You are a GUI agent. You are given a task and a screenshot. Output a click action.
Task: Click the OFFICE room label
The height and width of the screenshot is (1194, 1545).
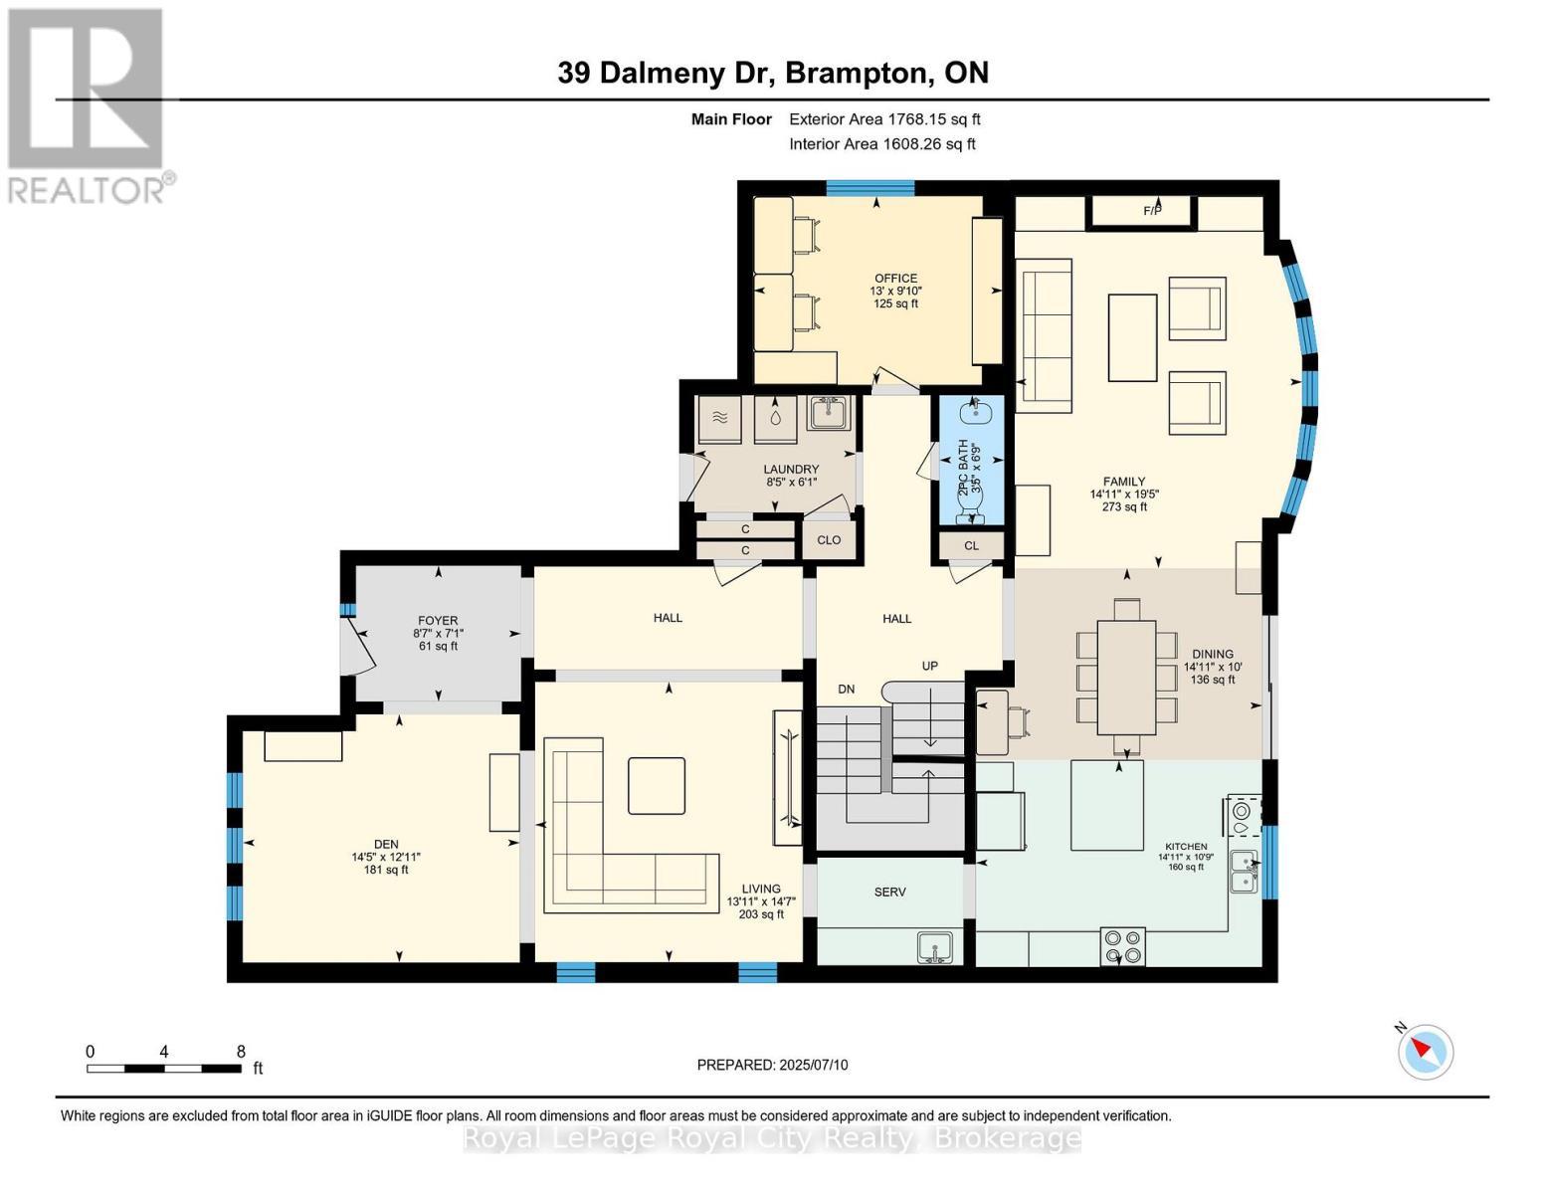895,280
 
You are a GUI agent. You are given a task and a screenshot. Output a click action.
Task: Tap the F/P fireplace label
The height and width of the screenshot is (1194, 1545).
1152,211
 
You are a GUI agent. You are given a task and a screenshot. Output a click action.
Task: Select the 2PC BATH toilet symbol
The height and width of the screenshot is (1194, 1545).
970,507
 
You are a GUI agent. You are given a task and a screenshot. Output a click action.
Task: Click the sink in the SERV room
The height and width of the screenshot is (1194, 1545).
935,947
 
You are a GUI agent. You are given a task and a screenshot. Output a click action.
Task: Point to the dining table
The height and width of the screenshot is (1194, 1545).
1126,677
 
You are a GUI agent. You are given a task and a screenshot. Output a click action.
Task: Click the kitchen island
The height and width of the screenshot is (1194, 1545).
1106,805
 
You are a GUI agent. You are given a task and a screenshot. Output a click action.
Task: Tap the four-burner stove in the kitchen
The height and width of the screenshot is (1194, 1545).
1123,945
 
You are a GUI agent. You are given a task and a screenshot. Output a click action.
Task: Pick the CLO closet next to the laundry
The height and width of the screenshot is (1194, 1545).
829,540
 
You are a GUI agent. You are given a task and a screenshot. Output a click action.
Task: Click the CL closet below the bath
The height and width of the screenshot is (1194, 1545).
971,545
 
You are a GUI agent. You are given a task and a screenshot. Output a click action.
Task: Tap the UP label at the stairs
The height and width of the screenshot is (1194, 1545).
929,666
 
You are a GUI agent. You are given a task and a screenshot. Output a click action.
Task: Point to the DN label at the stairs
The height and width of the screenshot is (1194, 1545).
846,689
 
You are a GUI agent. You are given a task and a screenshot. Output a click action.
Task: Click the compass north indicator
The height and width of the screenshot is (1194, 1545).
1426,1051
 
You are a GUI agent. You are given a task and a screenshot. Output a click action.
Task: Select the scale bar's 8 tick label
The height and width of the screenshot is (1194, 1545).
241,1051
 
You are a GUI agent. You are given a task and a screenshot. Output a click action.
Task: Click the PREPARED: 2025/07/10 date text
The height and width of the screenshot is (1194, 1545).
772,1065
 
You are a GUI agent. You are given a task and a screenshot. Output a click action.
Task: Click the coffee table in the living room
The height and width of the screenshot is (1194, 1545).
656,785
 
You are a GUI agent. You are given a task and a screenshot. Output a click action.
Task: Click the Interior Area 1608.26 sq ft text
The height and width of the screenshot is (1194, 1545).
881,143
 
